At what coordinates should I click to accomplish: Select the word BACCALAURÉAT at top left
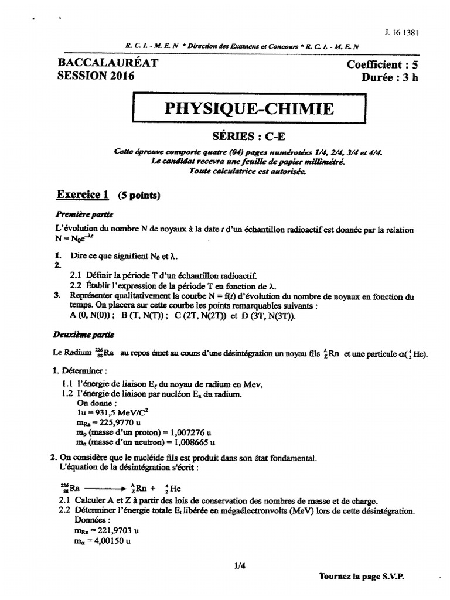click(x=108, y=63)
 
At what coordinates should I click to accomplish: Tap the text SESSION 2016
click(x=96, y=76)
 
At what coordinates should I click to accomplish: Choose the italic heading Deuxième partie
click(x=86, y=335)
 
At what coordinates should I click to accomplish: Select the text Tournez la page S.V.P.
click(x=362, y=576)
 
